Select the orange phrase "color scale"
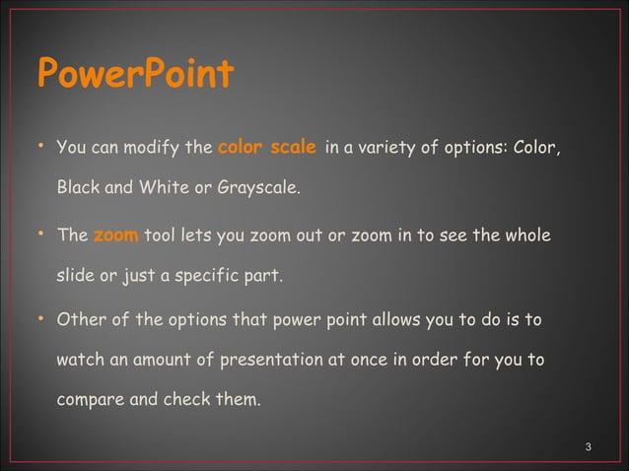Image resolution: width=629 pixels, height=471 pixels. tap(266, 149)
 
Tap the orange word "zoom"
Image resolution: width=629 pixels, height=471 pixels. tap(115, 236)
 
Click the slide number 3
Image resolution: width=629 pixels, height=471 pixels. tap(588, 448)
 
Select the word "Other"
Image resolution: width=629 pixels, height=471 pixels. tap(80, 322)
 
